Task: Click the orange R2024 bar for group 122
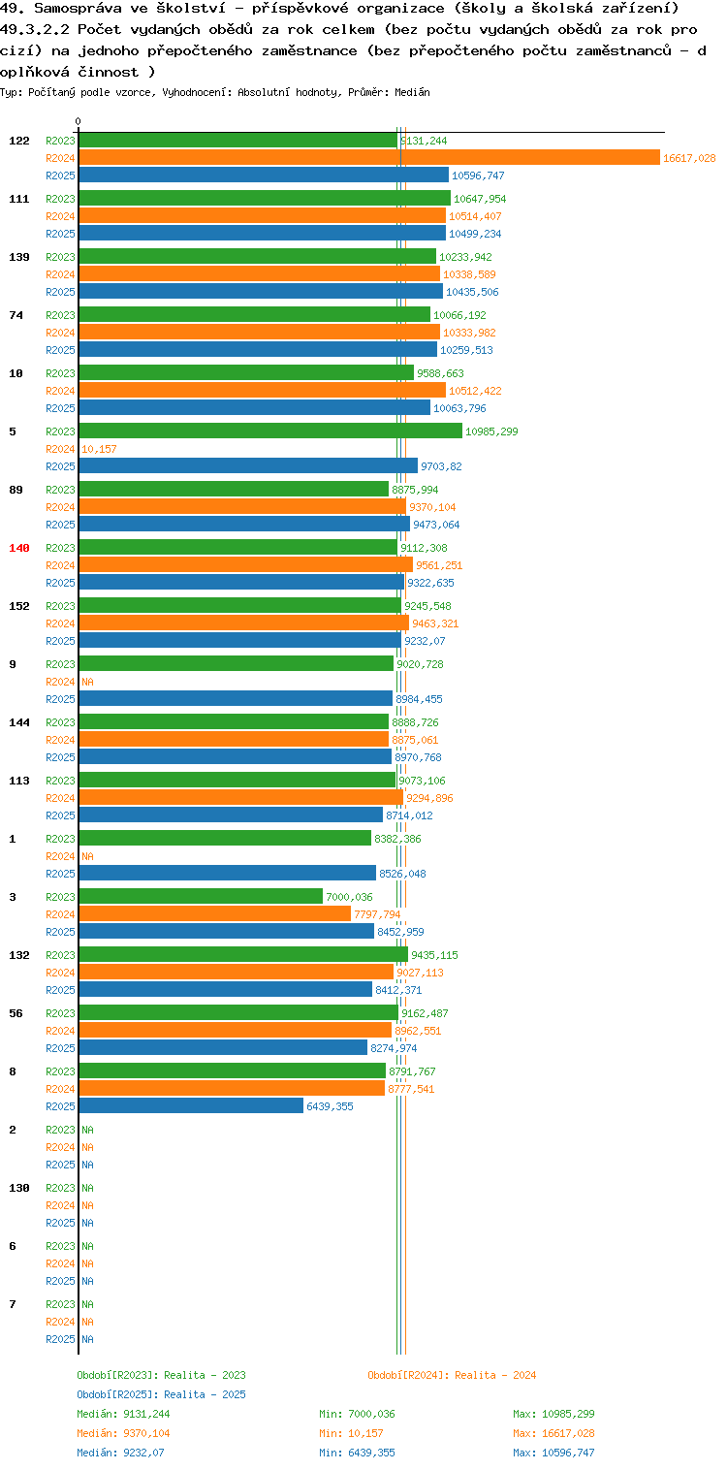(369, 157)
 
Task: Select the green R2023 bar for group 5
(271, 431)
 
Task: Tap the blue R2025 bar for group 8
(192, 1106)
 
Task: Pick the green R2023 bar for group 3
(201, 896)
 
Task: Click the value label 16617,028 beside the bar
(689, 158)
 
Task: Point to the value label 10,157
(99, 449)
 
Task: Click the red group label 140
(19, 548)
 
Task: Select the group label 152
(19, 606)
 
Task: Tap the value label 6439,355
(330, 1106)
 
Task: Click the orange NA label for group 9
(87, 682)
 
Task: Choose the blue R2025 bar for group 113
(231, 815)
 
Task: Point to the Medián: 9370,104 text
(123, 1433)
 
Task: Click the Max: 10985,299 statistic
(553, 1414)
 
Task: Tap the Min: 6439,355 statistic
(357, 1453)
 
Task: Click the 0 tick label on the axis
(79, 121)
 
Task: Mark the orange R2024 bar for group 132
(237, 972)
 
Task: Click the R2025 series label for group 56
(60, 1048)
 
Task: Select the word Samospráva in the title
(78, 9)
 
